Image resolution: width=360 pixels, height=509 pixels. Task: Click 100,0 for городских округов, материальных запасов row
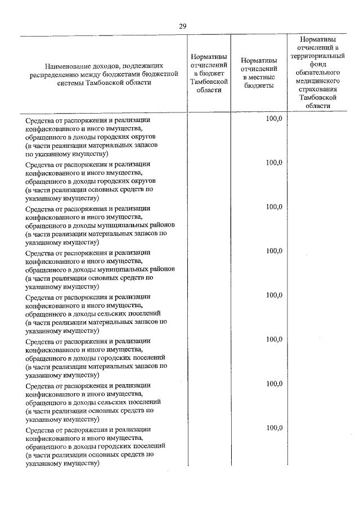pos(274,119)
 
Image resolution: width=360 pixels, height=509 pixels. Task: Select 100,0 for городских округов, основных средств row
pos(274,163)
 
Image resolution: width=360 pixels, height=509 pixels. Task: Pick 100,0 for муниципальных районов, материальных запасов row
pos(274,206)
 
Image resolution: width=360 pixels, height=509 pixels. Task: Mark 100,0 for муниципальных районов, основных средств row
pos(274,251)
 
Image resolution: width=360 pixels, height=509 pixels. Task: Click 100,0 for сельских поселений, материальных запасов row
pos(274,295)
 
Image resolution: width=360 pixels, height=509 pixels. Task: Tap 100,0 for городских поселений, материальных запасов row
pos(274,339)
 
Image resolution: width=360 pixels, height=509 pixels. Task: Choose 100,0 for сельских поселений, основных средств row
pos(274,384)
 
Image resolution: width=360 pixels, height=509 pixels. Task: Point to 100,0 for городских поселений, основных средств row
pos(274,427)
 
